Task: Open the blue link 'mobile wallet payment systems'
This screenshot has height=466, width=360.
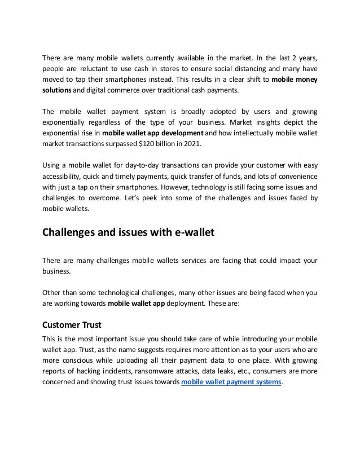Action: coord(231,381)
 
